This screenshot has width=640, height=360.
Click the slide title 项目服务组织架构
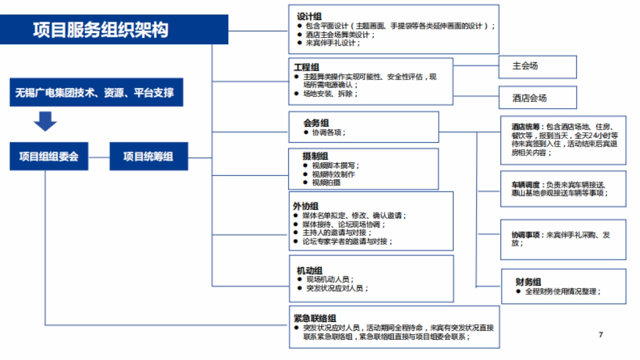tap(101, 30)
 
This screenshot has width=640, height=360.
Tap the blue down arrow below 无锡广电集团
tap(45, 121)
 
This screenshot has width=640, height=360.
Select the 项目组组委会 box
tap(49, 156)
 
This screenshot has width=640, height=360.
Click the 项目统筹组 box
tap(148, 156)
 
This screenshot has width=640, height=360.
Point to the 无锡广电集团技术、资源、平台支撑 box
tap(94, 93)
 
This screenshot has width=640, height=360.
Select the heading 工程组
tap(306, 67)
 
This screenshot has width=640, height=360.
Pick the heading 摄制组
tap(315, 156)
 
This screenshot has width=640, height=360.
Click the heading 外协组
tap(306, 206)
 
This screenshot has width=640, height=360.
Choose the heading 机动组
tap(309, 270)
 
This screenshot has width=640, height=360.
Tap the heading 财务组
tap(528, 282)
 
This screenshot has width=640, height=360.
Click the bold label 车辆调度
tap(519, 185)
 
